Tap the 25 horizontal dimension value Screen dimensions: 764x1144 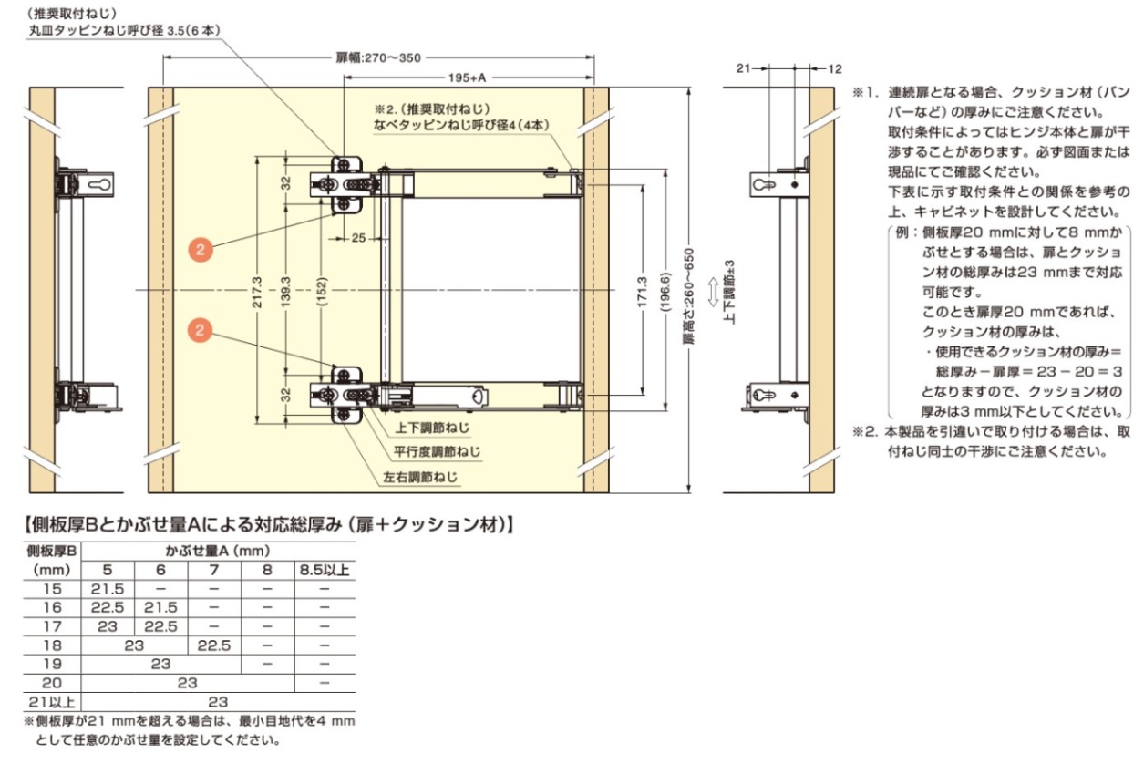pyautogui.click(x=358, y=238)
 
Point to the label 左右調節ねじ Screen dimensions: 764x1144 pyautogui.click(x=420, y=477)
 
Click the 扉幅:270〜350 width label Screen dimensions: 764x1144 pyautogui.click(x=378, y=58)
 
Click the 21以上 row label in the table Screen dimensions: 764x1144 pyautogui.click(x=51, y=702)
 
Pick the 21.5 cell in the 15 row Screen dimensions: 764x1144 pyautogui.click(x=108, y=589)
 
